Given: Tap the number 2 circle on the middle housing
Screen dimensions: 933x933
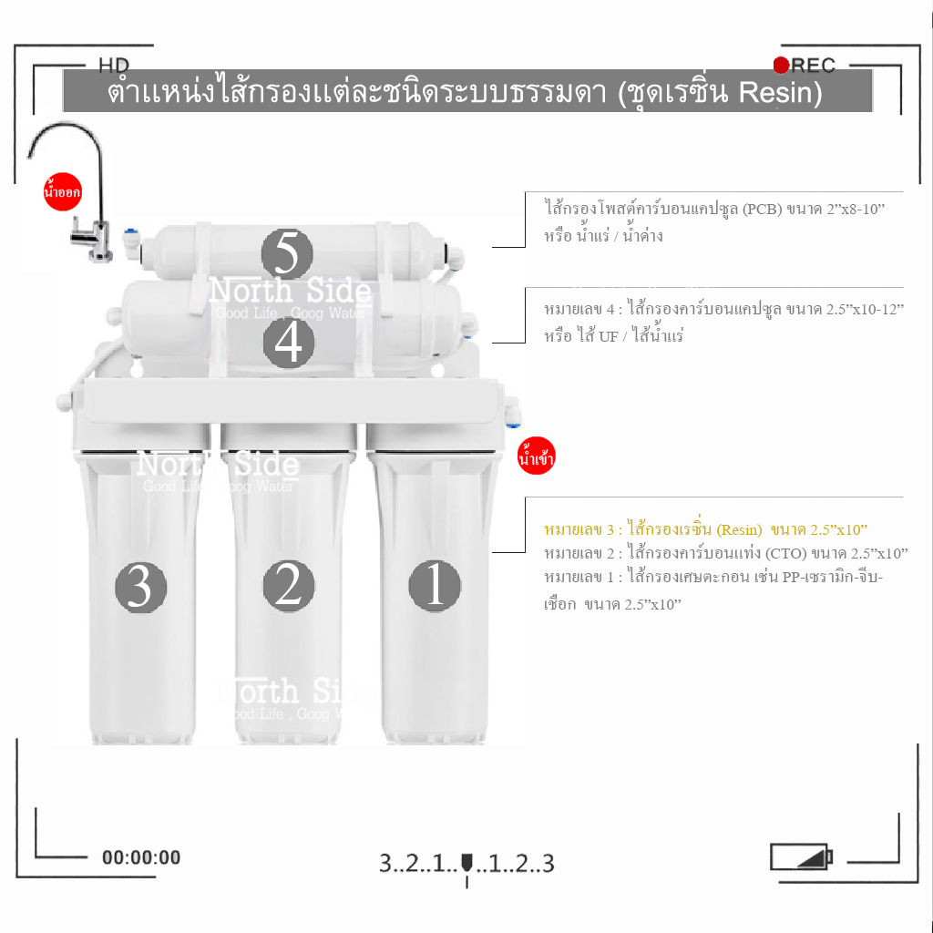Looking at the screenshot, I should (289, 585).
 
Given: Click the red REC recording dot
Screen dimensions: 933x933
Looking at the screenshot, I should (781, 65).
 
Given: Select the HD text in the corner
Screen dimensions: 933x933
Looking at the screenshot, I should (114, 65).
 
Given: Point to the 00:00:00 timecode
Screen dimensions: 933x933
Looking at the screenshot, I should (141, 857).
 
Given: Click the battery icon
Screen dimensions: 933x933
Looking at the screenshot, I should (801, 857).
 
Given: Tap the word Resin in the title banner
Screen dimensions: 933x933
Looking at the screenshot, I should (779, 93).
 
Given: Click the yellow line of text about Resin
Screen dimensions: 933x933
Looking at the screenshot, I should (705, 529).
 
